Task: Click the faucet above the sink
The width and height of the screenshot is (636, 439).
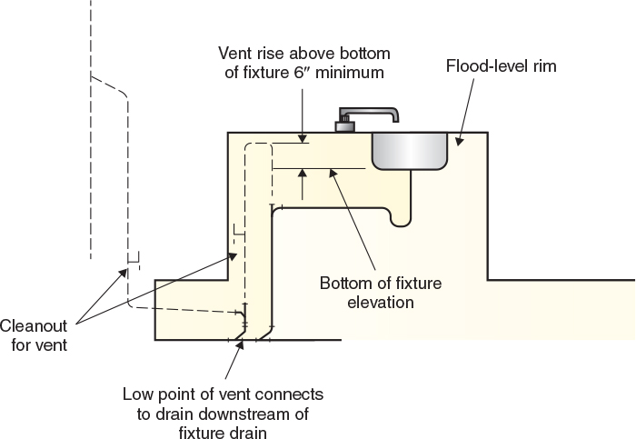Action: [x=368, y=118]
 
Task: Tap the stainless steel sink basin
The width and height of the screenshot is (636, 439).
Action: [x=409, y=150]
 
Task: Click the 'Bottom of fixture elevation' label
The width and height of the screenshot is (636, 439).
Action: [x=380, y=292]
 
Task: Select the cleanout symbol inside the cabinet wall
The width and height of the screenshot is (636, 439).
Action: [x=238, y=230]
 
